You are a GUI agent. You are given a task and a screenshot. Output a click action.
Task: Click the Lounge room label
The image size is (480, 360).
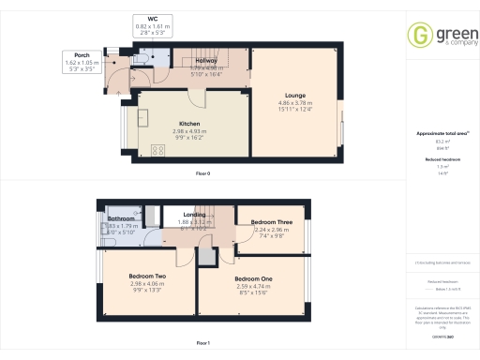click(295, 95)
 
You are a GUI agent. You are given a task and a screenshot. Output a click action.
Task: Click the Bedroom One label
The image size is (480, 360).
click(253, 279)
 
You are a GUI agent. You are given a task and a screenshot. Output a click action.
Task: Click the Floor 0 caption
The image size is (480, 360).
click(202, 174)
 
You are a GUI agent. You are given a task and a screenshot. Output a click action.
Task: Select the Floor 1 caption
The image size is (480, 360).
click(202, 343)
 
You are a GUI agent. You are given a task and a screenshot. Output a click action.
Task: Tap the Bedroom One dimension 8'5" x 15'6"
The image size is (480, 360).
click(253, 294)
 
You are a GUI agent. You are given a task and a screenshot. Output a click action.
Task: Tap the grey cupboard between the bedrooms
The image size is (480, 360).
click(205, 255)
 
